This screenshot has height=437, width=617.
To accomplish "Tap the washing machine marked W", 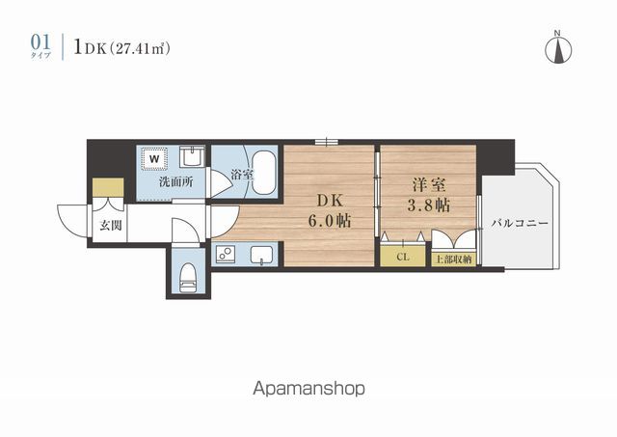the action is [154, 159].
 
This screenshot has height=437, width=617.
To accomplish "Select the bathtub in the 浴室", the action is [264, 174].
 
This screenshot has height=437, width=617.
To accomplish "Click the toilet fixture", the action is [188, 278].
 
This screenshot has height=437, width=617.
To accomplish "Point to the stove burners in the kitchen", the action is [225, 255].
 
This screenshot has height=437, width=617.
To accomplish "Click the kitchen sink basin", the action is [261, 255].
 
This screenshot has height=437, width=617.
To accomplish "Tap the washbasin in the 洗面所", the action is [193, 157].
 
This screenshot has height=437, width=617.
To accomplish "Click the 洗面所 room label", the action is [175, 182].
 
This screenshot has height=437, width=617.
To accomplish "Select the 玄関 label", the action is [111, 226].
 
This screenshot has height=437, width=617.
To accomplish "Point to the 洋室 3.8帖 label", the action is [428, 195].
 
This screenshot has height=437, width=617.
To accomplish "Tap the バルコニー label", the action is [520, 224].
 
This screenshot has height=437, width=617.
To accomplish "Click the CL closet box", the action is [403, 257].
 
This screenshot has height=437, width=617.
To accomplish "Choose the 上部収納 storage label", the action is [454, 259].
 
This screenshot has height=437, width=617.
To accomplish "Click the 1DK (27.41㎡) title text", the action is [122, 48].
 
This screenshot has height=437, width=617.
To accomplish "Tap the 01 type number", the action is [40, 42].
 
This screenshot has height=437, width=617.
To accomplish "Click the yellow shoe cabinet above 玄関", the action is [108, 187].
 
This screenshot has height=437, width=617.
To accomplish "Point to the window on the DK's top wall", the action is [327, 142].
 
